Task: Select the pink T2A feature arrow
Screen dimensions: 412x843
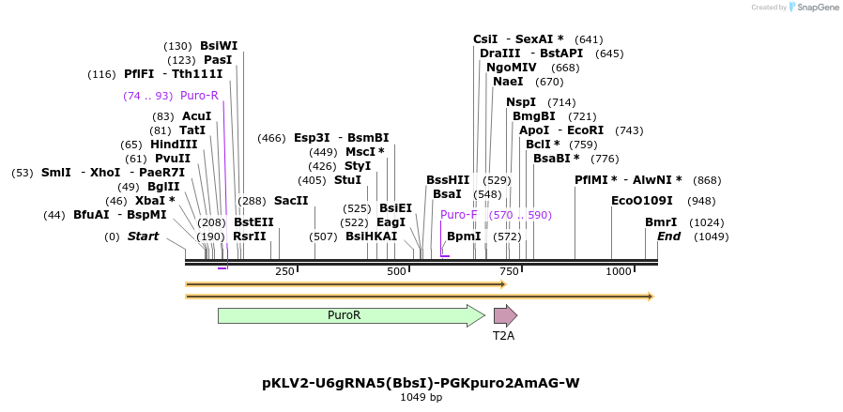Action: click(505, 315)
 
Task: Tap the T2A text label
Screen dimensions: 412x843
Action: click(504, 334)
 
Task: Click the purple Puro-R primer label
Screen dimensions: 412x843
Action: click(199, 96)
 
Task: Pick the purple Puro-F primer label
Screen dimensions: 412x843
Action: click(459, 215)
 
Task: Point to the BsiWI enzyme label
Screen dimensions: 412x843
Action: click(219, 45)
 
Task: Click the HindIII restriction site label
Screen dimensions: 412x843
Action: click(174, 145)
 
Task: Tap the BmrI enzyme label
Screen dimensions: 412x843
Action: click(661, 222)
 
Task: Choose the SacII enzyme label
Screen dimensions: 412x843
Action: click(291, 201)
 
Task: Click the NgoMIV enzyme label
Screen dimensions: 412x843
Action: click(512, 68)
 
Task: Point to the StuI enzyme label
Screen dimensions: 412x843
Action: click(347, 180)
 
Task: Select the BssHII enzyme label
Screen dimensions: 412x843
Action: click(448, 179)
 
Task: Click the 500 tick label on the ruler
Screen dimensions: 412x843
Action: click(396, 271)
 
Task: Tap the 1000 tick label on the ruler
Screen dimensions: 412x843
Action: click(619, 271)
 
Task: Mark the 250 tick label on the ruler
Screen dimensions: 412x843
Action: click(284, 271)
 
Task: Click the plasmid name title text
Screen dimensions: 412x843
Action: click(421, 383)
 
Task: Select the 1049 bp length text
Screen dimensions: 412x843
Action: click(421, 397)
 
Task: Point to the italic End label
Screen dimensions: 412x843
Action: click(668, 237)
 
